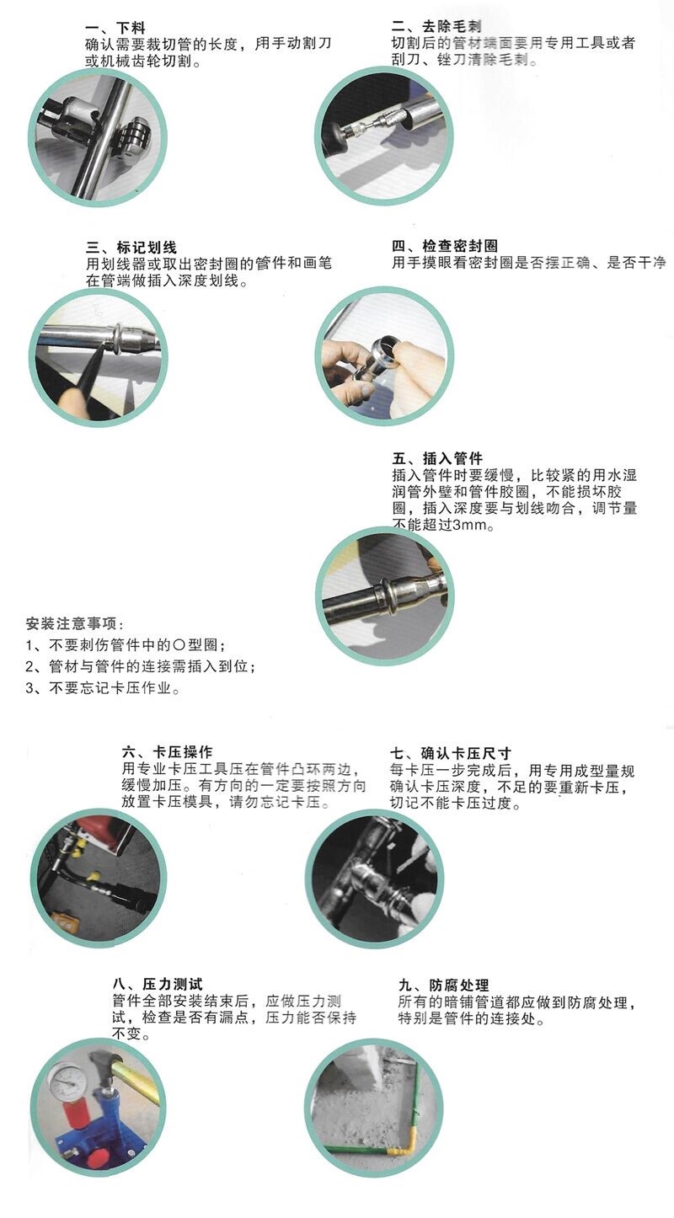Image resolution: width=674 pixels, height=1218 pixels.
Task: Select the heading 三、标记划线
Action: point(131,248)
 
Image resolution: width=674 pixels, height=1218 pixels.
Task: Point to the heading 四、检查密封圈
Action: point(445,246)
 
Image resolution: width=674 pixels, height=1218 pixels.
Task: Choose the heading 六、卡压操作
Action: point(167,752)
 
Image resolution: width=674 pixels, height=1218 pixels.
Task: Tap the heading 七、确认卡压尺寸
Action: point(451,753)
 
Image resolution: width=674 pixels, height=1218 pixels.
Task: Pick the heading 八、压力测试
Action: point(158,984)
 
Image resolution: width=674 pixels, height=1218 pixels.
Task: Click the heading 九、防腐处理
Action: point(443,985)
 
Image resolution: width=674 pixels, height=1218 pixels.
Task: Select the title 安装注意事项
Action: point(74,623)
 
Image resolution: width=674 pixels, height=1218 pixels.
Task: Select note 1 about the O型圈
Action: point(126,645)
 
